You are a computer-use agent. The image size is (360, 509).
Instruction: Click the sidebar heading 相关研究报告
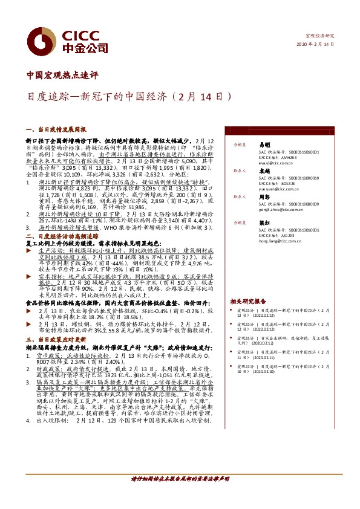pyautogui.click(x=248, y=300)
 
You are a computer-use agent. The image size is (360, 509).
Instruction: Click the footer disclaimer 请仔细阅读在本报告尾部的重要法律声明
pyautogui.click(x=180, y=478)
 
